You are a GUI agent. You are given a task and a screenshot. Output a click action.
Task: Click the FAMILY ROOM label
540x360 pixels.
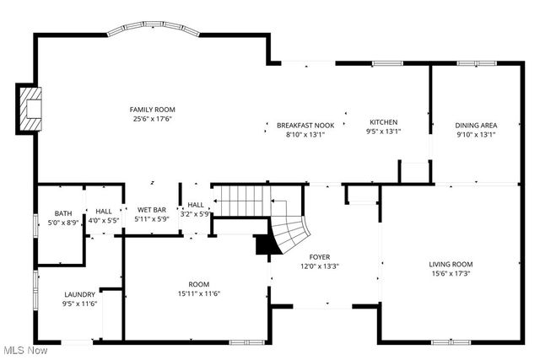[152, 110]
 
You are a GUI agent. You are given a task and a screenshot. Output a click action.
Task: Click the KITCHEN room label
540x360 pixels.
[382, 122]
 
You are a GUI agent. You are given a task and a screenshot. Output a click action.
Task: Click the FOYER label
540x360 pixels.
[319, 257]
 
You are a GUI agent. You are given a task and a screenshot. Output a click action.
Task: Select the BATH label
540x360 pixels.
[63, 213]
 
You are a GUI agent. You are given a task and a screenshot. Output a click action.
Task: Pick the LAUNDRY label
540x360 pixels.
[80, 294]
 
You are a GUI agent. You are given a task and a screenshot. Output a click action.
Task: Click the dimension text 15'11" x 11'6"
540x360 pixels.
[198, 293]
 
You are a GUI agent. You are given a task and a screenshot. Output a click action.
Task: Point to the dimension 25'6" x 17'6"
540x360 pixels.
[152, 119]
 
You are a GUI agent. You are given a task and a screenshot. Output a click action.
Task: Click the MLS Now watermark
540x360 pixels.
[24, 350]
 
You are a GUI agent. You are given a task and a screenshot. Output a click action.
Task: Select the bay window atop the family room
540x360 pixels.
[154, 30]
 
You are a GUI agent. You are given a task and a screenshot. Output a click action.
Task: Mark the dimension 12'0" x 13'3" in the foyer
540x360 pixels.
[319, 266]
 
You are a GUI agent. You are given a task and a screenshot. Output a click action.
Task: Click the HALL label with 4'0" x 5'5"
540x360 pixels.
[104, 212]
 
